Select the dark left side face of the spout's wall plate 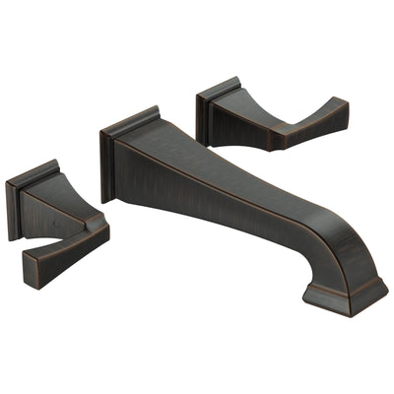106,167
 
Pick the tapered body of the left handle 69,212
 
